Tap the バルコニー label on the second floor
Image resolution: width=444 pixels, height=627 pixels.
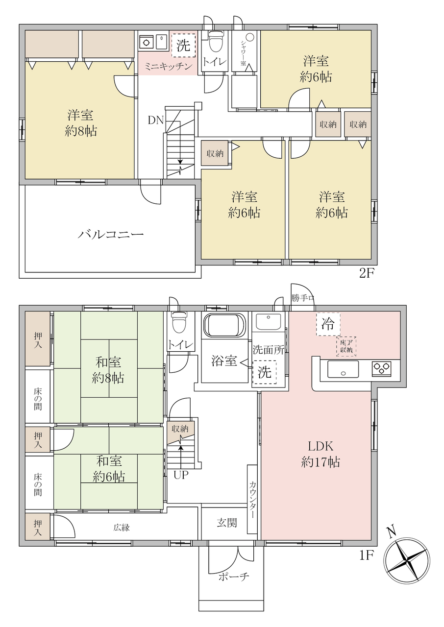pyautogui.click(x=111, y=235)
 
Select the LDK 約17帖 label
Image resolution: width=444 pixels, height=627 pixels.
pyautogui.click(x=321, y=454)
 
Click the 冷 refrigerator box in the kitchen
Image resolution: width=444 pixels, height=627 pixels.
pyautogui.click(x=328, y=324)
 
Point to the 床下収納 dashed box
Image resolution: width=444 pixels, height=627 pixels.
pyautogui.click(x=346, y=346)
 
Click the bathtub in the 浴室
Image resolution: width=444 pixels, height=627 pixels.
pyautogui.click(x=224, y=325)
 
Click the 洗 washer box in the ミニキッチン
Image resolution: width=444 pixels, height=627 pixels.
pyautogui.click(x=183, y=46)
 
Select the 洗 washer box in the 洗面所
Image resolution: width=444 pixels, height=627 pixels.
pyautogui.click(x=264, y=372)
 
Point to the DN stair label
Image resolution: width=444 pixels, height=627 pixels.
pyautogui.click(x=156, y=121)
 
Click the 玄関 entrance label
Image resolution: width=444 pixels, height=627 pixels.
pyautogui.click(x=227, y=522)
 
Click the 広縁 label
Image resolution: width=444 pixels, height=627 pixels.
pyautogui.click(x=122, y=528)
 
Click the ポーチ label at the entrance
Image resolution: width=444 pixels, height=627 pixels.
pyautogui.click(x=233, y=577)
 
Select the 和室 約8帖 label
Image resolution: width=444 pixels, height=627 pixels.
pyautogui.click(x=108, y=370)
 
